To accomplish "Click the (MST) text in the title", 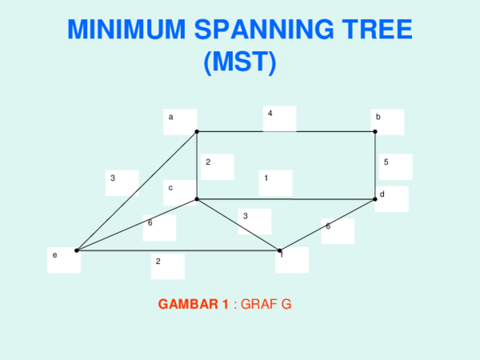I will point(239,62).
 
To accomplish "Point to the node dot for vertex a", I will point(197,131).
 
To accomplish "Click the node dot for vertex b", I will point(375,131).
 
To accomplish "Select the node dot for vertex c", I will point(197,198).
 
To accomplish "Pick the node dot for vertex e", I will point(77,250).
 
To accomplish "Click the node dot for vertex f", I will point(279,250).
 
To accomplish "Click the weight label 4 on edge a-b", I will point(270,114).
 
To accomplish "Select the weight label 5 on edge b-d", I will point(386,162).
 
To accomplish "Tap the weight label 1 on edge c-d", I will point(266,178).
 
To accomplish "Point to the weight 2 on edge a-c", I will point(207,162).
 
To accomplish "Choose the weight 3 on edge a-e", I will point(113,178).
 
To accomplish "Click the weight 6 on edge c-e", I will point(150,223).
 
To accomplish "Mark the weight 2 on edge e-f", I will point(158,262).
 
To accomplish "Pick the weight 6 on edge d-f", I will point(327,226).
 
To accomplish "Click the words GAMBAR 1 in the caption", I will point(194,305).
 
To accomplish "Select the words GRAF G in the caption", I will point(266,305).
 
